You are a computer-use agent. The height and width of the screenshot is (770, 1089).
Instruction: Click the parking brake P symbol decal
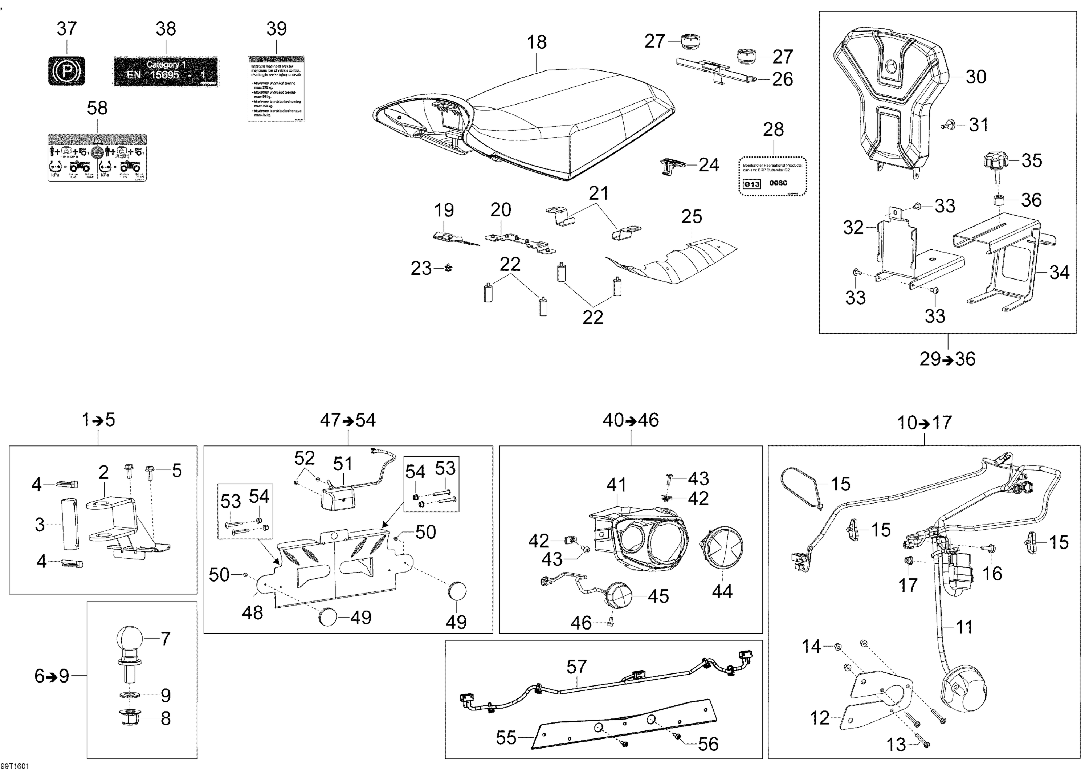tap(66, 71)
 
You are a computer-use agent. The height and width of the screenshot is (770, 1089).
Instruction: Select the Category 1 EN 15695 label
tap(166, 72)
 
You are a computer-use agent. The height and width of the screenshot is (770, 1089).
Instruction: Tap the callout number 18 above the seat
tap(537, 42)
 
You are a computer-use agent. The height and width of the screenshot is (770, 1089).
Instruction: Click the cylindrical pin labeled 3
tap(70, 524)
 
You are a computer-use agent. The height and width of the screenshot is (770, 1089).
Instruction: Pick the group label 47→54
tap(348, 420)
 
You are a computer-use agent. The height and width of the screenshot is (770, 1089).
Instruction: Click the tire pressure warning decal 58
tap(97, 158)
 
